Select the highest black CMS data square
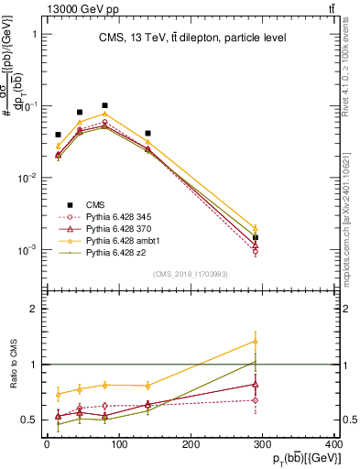[105, 105]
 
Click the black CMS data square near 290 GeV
[256, 237]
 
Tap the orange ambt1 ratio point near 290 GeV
[256, 342]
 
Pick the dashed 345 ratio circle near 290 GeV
[256, 400]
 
